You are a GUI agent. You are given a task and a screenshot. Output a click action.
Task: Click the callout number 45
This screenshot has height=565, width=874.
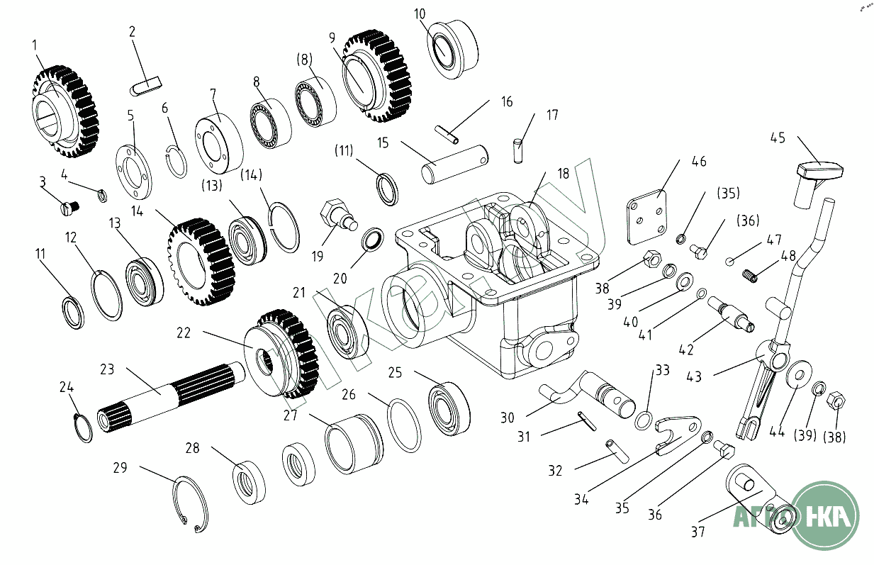point(778,138)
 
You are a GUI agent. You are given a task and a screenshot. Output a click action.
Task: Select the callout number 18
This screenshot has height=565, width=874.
point(563,173)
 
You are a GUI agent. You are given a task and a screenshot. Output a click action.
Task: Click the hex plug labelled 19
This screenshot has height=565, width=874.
point(336,214)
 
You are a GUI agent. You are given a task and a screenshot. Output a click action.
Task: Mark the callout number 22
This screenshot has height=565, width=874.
point(184,332)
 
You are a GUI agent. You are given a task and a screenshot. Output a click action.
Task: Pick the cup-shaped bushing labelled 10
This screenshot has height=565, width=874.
point(452,48)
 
